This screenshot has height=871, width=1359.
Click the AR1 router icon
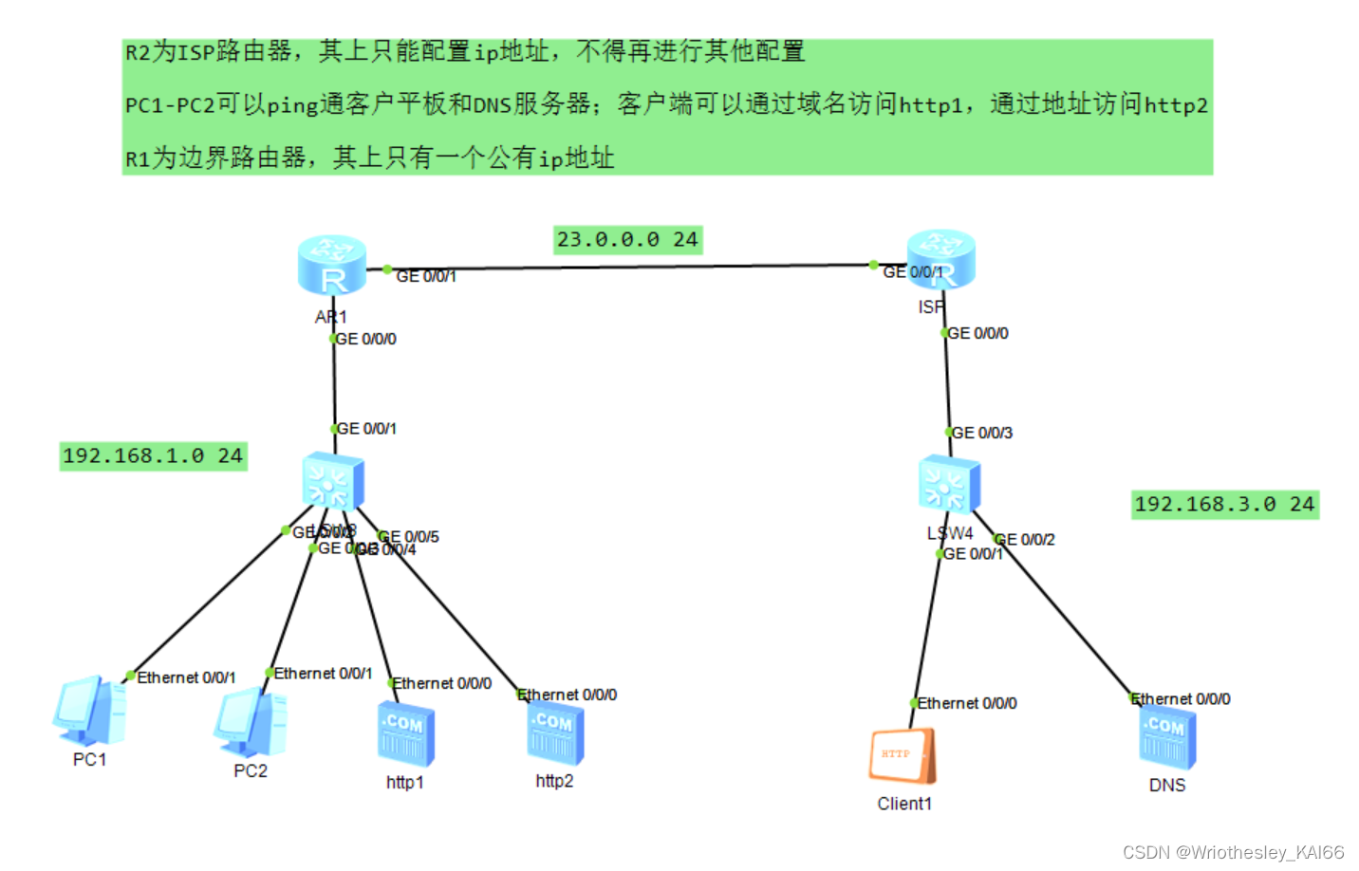point(331,265)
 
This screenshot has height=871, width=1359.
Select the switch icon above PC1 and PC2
point(333,481)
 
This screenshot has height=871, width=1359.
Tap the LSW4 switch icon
point(949,485)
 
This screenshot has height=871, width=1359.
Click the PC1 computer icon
point(90,711)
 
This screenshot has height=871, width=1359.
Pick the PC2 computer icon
point(251,723)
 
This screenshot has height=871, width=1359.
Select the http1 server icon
point(405,734)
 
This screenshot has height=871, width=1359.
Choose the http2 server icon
point(555,733)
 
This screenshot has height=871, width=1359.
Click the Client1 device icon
point(903,755)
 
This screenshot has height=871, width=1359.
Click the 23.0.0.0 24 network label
point(627,239)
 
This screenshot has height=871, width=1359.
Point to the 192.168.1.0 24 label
point(153,456)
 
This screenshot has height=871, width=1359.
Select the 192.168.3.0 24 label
point(1224,504)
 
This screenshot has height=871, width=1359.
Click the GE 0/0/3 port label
point(982,433)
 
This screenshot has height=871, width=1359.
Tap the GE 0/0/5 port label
point(410,536)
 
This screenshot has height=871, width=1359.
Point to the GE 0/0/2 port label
point(1026,539)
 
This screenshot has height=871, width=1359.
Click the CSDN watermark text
point(1233,852)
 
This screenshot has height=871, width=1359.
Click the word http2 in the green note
point(1176,104)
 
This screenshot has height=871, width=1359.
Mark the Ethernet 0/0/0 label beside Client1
point(967,703)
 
